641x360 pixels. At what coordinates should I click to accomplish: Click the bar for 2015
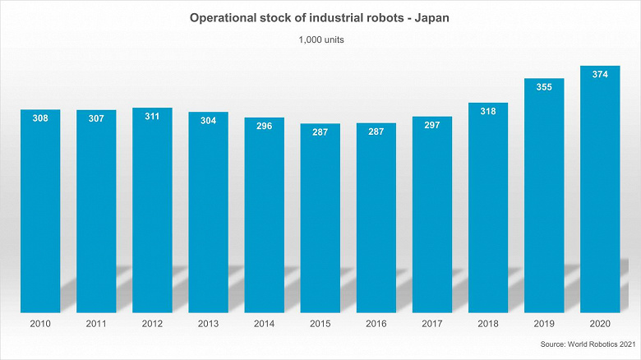[320, 222]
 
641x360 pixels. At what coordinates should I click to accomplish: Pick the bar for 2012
[152, 214]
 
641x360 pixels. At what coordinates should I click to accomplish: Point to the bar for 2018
[488, 210]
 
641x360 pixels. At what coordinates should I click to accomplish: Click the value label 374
[600, 74]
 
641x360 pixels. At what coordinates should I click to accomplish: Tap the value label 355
[544, 86]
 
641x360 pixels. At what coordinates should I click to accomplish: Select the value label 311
[152, 116]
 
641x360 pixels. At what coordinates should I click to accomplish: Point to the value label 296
[264, 126]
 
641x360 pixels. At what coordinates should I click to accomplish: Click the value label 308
[40, 118]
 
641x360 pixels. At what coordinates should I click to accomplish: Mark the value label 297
[432, 125]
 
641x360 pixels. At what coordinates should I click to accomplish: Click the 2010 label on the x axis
[40, 325]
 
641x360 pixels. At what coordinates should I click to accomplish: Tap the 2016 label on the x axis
[376, 325]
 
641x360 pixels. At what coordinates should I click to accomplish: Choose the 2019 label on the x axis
[544, 325]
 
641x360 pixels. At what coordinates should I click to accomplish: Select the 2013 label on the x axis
[208, 325]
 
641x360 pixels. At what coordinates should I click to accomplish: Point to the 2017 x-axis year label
[432, 325]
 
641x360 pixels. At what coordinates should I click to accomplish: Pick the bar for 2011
[96, 214]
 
